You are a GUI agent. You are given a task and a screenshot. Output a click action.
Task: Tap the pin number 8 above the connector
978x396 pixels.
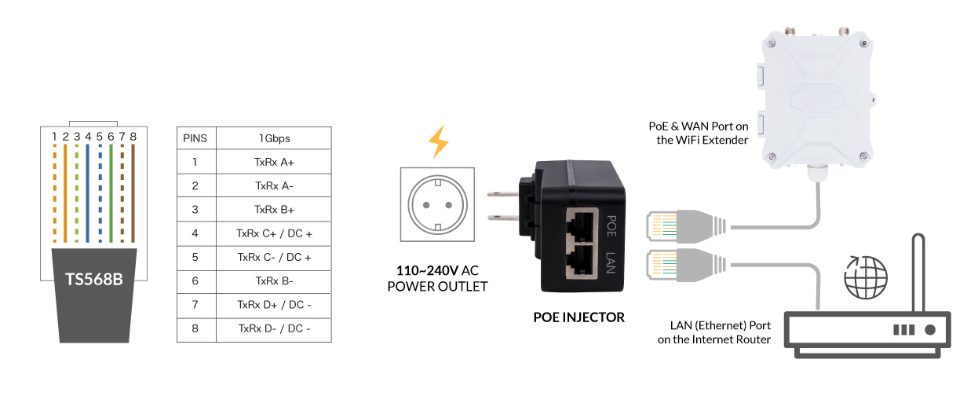tap(133, 137)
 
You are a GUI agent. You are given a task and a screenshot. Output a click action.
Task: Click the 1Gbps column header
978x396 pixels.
tap(274, 138)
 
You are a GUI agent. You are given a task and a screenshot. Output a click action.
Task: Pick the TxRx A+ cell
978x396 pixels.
tap(274, 163)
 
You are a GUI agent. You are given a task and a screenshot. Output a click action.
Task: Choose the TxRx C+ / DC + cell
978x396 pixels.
tap(274, 233)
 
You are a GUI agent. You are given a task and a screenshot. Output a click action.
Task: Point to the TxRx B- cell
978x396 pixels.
tap(274, 281)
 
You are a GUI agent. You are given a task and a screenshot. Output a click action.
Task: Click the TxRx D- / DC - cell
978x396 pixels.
tap(274, 329)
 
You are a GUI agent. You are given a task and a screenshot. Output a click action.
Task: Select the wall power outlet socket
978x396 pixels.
tap(437, 203)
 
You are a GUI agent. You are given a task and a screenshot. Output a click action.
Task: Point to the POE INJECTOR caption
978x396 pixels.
tap(578, 317)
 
